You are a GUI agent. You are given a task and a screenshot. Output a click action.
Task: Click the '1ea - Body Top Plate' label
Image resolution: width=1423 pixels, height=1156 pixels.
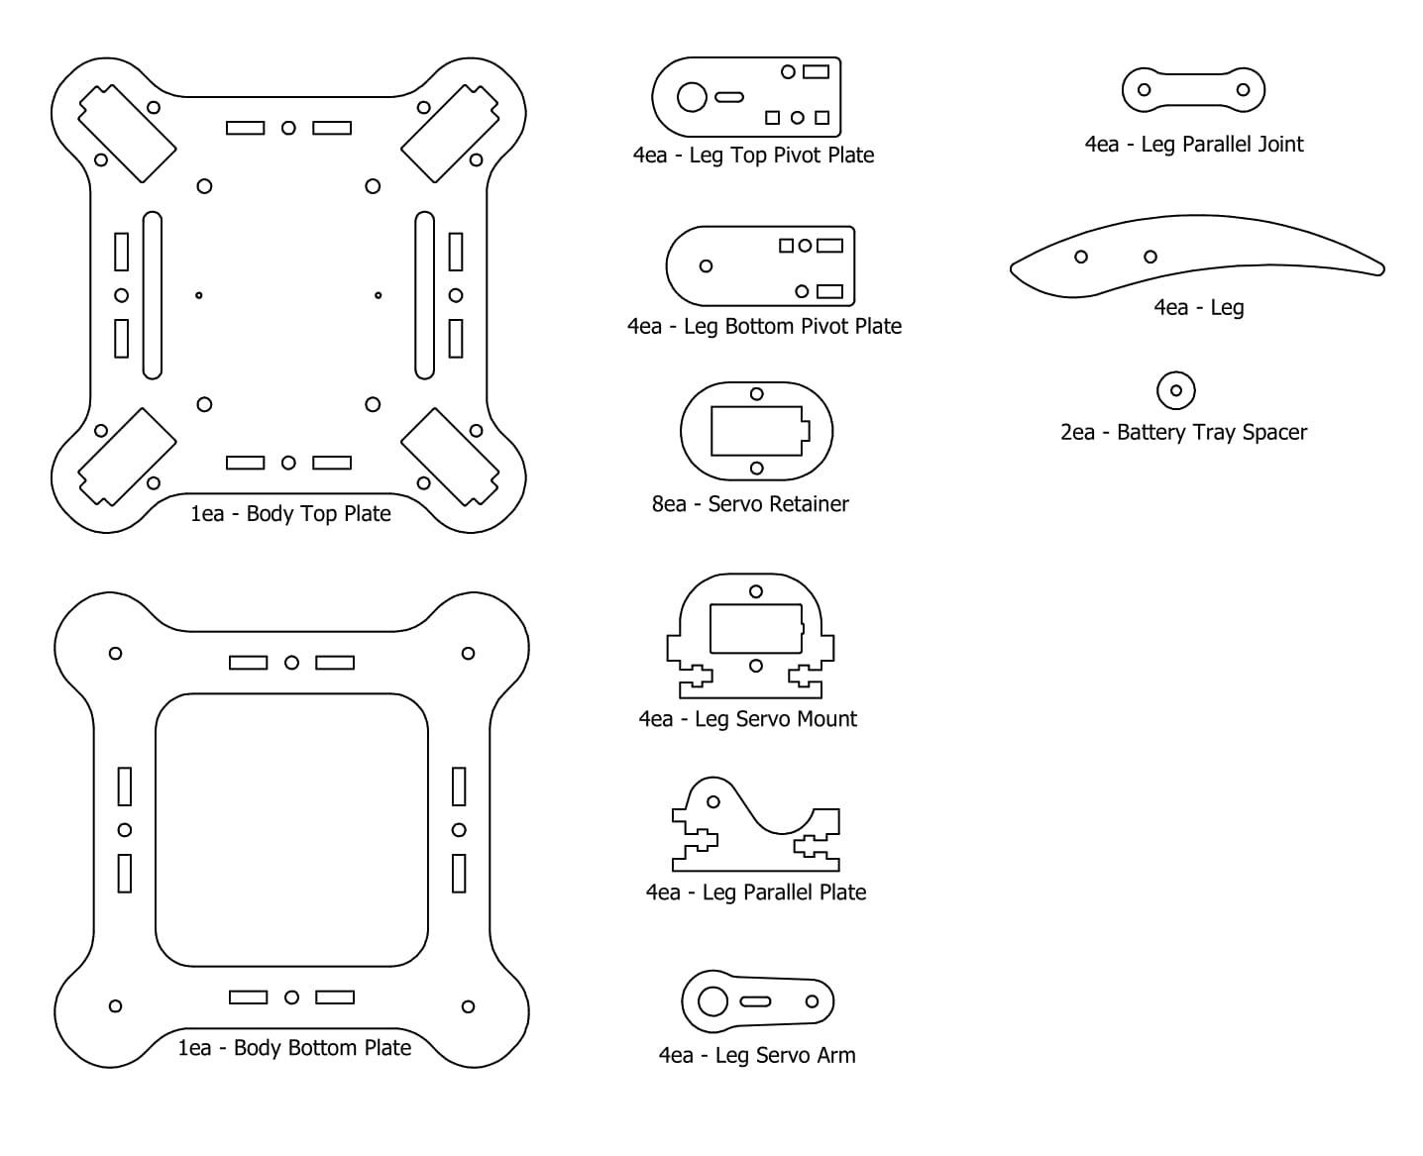click(290, 513)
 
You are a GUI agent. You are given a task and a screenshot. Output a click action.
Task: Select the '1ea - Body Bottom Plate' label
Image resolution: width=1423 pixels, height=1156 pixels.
click(294, 1048)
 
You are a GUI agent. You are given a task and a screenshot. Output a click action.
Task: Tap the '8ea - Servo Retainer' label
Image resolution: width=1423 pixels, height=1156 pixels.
click(750, 503)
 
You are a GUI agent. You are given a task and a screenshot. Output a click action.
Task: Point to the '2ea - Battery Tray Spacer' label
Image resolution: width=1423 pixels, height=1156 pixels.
click(1183, 432)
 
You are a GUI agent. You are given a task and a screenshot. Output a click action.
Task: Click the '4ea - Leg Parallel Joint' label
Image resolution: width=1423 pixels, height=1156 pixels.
click(1194, 145)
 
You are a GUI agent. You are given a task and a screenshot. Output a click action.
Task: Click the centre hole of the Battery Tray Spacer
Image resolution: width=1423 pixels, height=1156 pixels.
click(1176, 390)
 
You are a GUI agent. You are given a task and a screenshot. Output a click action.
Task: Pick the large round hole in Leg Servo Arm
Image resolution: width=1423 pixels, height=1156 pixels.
click(712, 1001)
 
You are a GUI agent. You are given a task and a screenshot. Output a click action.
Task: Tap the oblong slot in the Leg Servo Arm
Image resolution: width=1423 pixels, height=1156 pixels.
click(755, 1001)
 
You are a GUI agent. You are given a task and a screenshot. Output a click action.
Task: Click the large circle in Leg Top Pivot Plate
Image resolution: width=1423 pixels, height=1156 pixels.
click(692, 97)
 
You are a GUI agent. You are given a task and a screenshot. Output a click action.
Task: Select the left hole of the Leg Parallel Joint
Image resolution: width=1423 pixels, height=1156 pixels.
click(1144, 89)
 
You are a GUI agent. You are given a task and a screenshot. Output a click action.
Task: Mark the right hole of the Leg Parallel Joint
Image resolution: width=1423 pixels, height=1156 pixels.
click(1244, 89)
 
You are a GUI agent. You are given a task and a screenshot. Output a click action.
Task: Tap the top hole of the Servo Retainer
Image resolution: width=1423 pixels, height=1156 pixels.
click(756, 394)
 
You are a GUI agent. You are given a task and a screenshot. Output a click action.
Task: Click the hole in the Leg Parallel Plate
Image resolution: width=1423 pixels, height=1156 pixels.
click(713, 801)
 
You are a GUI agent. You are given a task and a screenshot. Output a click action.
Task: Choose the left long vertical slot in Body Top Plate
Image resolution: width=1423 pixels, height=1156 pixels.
click(153, 295)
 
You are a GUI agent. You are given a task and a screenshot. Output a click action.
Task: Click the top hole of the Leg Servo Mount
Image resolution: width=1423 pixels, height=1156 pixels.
click(756, 591)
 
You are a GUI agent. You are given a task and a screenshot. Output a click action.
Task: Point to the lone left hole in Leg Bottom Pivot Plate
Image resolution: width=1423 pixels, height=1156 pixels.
click(707, 265)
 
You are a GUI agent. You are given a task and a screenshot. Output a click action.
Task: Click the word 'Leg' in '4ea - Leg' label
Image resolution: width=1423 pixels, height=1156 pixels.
click(1227, 308)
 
